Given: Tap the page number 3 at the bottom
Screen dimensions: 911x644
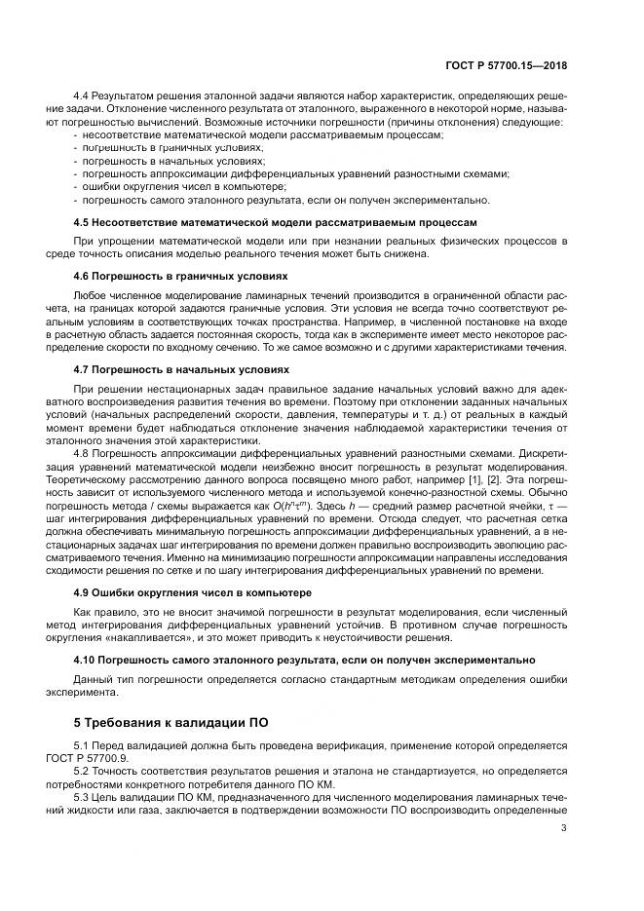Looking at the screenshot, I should click(564, 856).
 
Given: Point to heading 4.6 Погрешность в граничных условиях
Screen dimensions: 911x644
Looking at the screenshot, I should click(180, 276).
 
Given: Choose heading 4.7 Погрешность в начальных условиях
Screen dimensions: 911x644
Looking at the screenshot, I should click(180, 369).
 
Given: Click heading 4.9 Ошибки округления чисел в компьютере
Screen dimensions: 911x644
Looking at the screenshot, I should click(193, 591).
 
